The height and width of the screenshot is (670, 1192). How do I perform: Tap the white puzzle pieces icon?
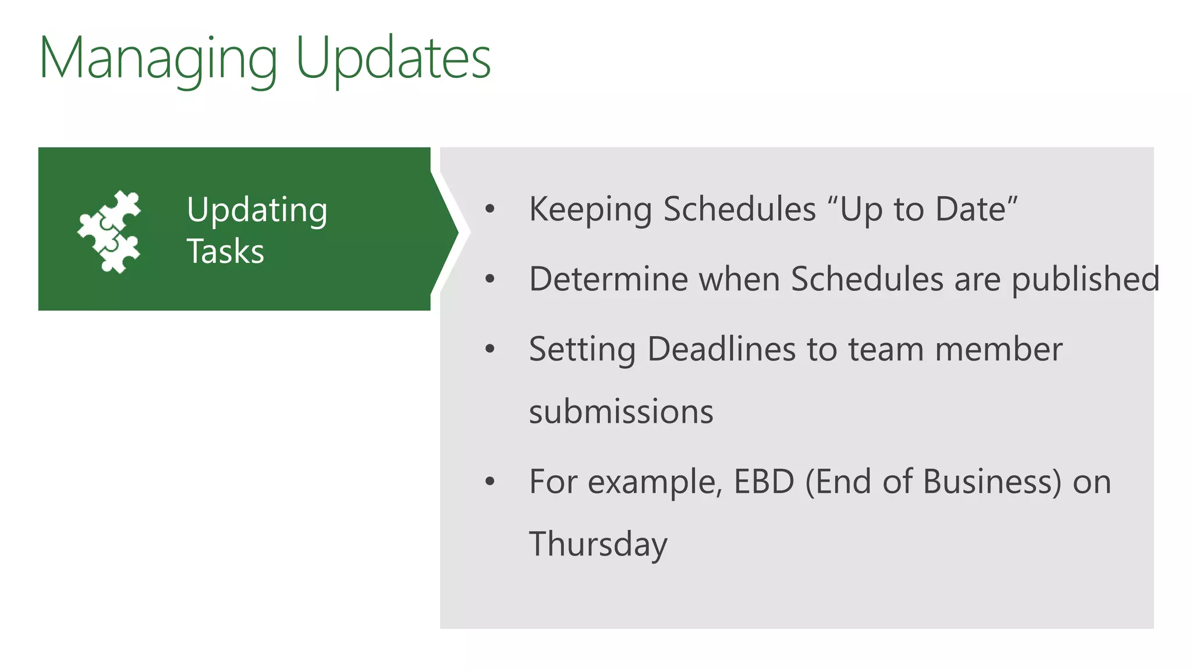click(109, 231)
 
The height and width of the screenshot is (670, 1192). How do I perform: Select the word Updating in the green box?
click(257, 211)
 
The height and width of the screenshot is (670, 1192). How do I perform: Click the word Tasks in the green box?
click(225, 252)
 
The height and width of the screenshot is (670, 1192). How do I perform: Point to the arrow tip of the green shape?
click(457, 233)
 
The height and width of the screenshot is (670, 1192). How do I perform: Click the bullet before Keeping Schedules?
click(489, 209)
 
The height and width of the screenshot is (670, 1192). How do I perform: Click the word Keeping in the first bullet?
click(590, 210)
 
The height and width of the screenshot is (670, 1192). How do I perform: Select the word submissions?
click(621, 412)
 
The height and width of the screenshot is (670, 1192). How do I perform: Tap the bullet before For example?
click(489, 482)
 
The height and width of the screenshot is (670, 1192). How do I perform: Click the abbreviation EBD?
click(764, 482)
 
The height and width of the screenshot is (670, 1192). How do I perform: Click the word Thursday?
click(598, 544)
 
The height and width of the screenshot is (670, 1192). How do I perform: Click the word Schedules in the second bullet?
click(867, 279)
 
